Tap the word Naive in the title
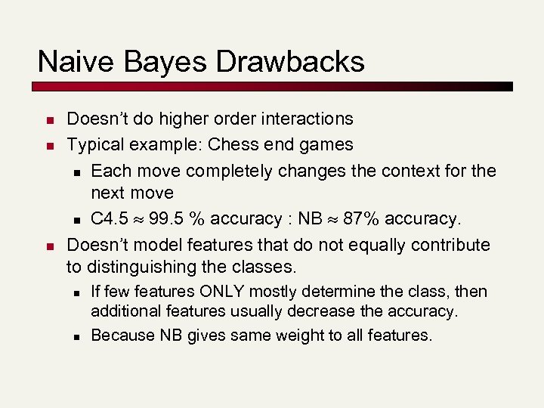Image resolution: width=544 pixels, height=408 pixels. tap(70, 61)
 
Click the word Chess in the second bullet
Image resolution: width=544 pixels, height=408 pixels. tap(233, 144)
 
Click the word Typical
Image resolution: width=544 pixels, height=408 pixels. tap(95, 144)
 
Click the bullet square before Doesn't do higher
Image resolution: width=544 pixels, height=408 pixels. tap(48, 120)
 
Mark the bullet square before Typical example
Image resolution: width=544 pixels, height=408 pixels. tap(48, 146)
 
